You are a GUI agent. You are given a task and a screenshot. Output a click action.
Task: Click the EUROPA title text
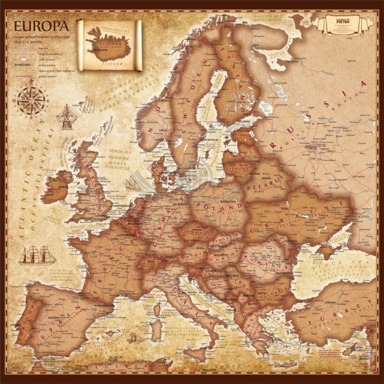pos(41,26)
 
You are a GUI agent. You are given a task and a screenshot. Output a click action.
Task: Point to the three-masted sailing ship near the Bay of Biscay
pos(38,254)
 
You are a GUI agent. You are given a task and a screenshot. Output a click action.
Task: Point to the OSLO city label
pos(163,130)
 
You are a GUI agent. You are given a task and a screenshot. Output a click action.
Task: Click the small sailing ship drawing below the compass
pos(67,117)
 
